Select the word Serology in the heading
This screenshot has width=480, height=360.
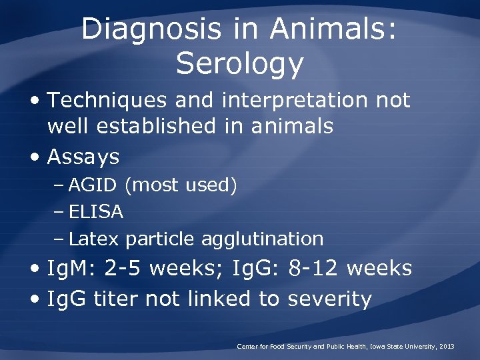[x=240, y=63]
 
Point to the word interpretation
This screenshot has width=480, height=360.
[x=295, y=100]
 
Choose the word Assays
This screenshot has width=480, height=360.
[x=83, y=157]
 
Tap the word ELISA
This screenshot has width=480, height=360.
[x=96, y=212]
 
